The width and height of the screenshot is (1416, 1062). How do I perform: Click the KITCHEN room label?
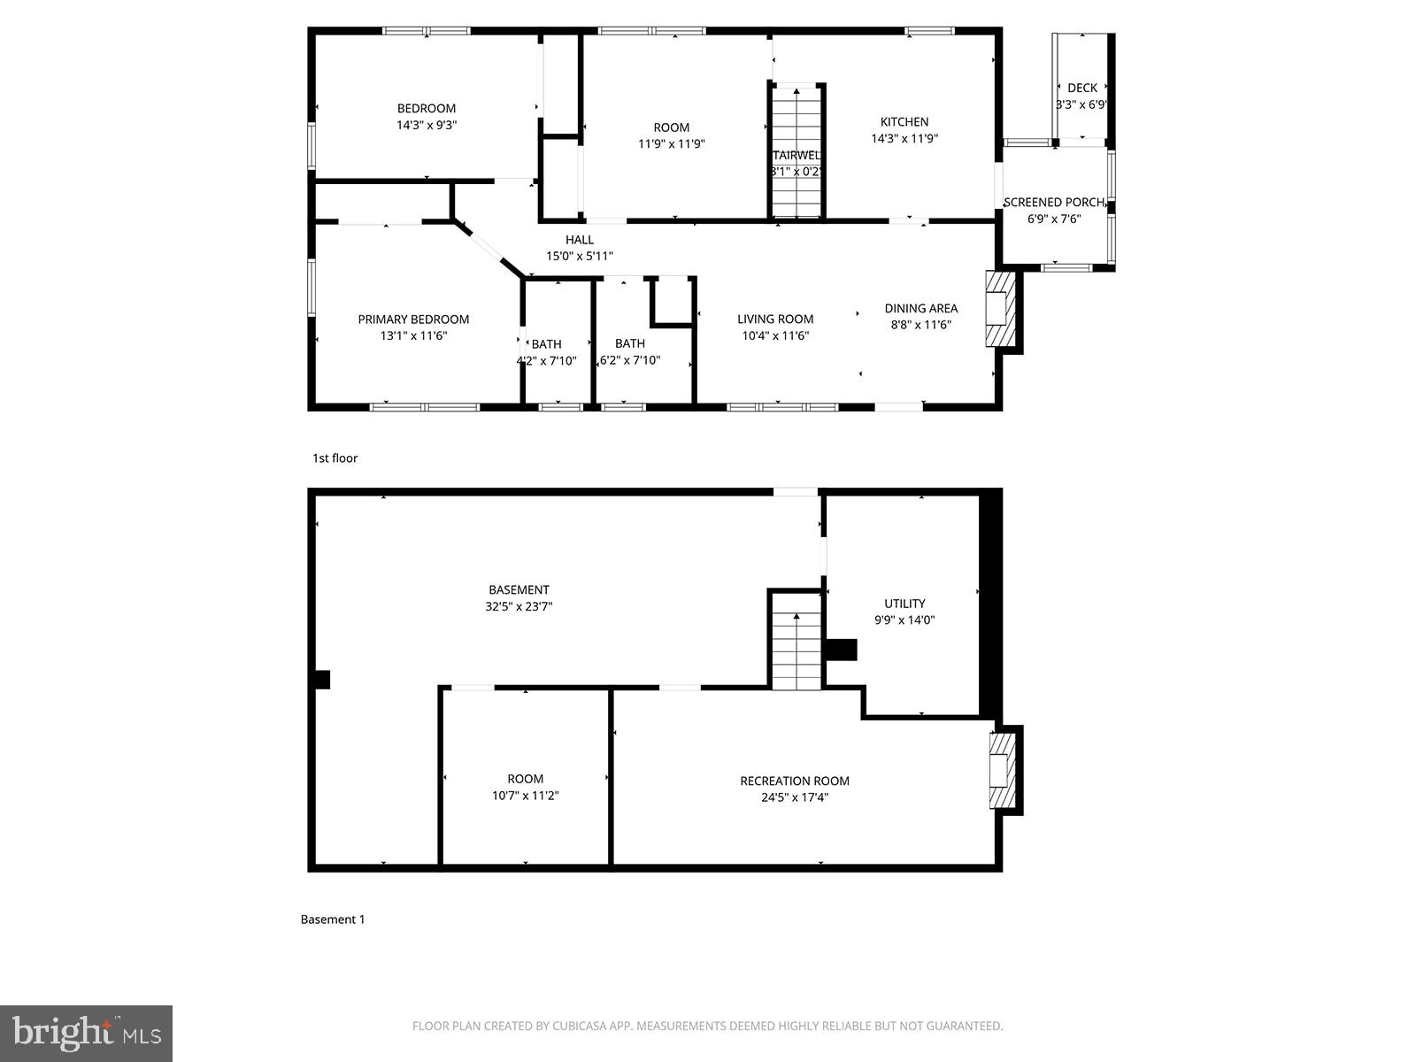(904, 122)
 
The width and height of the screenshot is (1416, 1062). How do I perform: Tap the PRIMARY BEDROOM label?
(413, 319)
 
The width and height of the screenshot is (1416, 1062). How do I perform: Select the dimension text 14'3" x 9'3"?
(426, 126)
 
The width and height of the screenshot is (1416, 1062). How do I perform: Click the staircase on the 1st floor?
(796, 150)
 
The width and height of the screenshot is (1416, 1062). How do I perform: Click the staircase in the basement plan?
(796, 650)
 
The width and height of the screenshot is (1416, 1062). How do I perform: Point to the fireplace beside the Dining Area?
(1000, 309)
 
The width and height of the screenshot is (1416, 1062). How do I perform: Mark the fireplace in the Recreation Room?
(1002, 770)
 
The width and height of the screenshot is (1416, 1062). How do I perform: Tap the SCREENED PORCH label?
(1053, 203)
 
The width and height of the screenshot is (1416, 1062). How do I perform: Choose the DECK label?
(1081, 88)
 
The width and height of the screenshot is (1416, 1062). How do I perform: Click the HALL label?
(580, 240)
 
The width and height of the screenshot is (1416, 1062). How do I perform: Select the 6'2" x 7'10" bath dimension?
(629, 360)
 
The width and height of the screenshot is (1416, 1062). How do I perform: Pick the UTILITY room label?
(904, 604)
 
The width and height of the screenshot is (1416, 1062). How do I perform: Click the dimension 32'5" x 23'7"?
(519, 606)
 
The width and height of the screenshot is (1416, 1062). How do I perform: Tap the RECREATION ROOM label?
(794, 781)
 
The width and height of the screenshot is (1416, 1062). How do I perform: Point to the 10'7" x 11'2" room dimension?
(525, 796)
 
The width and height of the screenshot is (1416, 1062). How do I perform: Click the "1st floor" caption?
(335, 458)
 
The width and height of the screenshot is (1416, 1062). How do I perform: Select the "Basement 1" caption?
(332, 920)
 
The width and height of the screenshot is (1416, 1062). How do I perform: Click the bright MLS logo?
(86, 1034)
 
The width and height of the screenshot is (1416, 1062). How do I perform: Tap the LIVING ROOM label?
(775, 319)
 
